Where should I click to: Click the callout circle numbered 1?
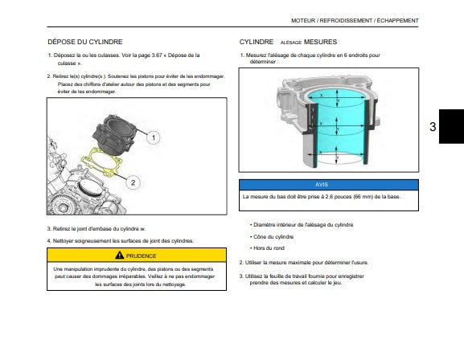coord(154,137)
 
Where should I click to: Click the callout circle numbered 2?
coord(133,182)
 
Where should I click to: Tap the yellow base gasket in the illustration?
coord(102,162)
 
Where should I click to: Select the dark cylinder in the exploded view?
coord(114,134)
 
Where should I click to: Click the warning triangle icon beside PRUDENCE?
coord(120,255)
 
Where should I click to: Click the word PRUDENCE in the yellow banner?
coord(141,256)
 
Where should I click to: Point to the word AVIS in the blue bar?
coord(322,185)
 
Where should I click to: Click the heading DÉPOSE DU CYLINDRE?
coord(85,42)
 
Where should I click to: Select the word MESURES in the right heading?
coord(320,42)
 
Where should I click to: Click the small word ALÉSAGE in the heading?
coord(290,43)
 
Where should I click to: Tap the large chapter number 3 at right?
coord(433,127)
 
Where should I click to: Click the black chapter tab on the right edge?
coord(451,126)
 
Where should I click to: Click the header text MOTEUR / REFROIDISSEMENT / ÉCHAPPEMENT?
coord(355,21)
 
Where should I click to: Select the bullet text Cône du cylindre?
coord(273,237)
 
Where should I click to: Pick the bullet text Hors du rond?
coord(269,248)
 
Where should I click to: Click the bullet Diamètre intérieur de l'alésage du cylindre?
coord(303,225)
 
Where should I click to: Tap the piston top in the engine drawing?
coord(91,188)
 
